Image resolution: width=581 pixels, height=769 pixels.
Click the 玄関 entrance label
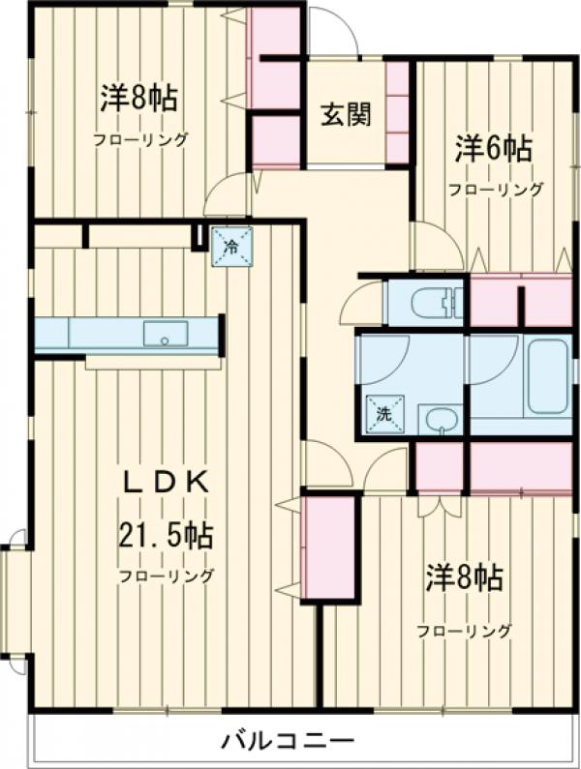point(346,115)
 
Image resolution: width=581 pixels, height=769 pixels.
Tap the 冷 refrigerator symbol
point(231,246)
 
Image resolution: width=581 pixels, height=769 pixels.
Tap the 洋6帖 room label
point(494,150)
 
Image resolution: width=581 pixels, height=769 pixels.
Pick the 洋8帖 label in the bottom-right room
point(464,579)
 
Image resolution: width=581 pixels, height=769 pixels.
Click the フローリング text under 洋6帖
point(495,190)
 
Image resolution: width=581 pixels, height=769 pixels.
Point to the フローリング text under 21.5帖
point(166,577)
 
